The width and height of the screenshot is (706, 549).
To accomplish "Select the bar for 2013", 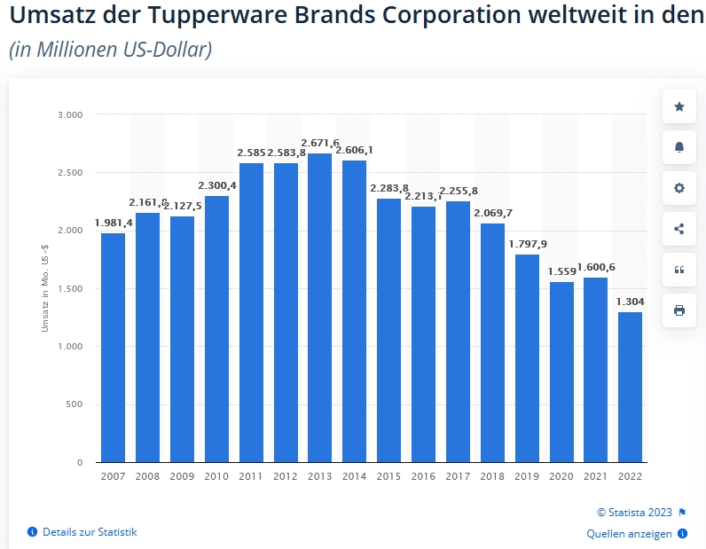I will pos(319,308).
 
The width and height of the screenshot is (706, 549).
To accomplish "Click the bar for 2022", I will pos(630,387).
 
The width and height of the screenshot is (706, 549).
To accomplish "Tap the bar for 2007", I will pos(113,348).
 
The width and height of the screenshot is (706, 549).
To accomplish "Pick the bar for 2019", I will pos(527,358).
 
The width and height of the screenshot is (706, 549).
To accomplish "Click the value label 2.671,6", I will pos(320,143).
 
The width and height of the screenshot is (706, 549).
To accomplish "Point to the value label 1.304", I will pos(631,302).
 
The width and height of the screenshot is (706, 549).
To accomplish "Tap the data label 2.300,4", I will pos(216,185).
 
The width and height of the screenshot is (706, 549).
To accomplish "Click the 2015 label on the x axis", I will pos(388,476).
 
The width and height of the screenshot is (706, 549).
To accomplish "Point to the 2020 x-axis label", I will pos(561,476).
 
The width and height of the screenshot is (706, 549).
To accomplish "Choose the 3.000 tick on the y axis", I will pos(69,114).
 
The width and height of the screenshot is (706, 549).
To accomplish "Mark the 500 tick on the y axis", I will pos(75,404).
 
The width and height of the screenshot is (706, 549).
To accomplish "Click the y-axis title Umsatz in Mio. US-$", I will pos(45,287).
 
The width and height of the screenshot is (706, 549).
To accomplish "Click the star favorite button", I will pos(679,106).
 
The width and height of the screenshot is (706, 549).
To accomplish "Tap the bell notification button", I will pos(679,147).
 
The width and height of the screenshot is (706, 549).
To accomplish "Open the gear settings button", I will pos(679,188).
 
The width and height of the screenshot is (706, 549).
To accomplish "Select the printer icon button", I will pos(679,310).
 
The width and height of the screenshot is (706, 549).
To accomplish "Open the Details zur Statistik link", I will pos(89,532).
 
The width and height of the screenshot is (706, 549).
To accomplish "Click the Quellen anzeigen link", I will pos(630,534).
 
